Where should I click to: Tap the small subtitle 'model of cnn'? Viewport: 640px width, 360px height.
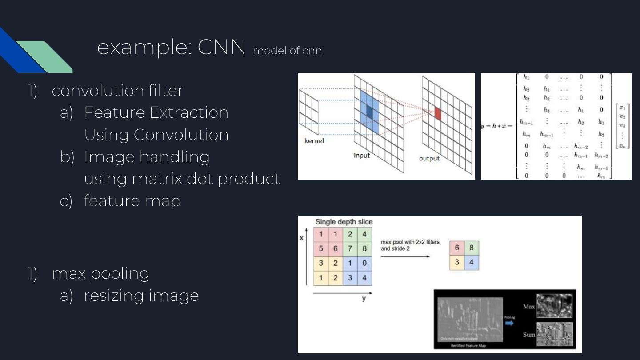pos(287,51)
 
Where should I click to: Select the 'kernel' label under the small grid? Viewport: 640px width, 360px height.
pos(314,141)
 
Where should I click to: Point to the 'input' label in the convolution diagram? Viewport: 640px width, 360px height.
pos(361,156)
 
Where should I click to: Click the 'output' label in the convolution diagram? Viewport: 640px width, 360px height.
pos(429,158)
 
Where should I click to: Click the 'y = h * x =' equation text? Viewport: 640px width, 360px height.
pos(497,126)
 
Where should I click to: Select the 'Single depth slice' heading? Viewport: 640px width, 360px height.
pos(344,222)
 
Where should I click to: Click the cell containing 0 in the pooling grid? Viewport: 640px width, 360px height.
pos(364,263)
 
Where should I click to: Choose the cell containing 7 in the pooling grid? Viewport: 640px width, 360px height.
pos(350,248)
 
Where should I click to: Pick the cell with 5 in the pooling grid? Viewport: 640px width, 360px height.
pos(321,248)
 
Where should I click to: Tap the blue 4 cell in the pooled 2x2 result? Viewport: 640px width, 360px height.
pos(472,263)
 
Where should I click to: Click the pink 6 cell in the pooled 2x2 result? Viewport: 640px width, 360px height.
pos(457,248)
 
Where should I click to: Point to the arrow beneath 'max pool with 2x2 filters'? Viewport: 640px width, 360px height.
pos(405,256)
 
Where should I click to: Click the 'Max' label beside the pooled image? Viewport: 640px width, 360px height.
pos(528,307)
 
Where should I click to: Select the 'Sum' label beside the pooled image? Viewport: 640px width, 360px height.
pos(528,334)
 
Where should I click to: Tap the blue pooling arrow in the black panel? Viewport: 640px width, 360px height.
pos(509,323)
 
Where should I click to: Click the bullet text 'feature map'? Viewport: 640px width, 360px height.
pos(132,201)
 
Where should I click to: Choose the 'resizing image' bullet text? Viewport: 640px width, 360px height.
pos(141,295)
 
